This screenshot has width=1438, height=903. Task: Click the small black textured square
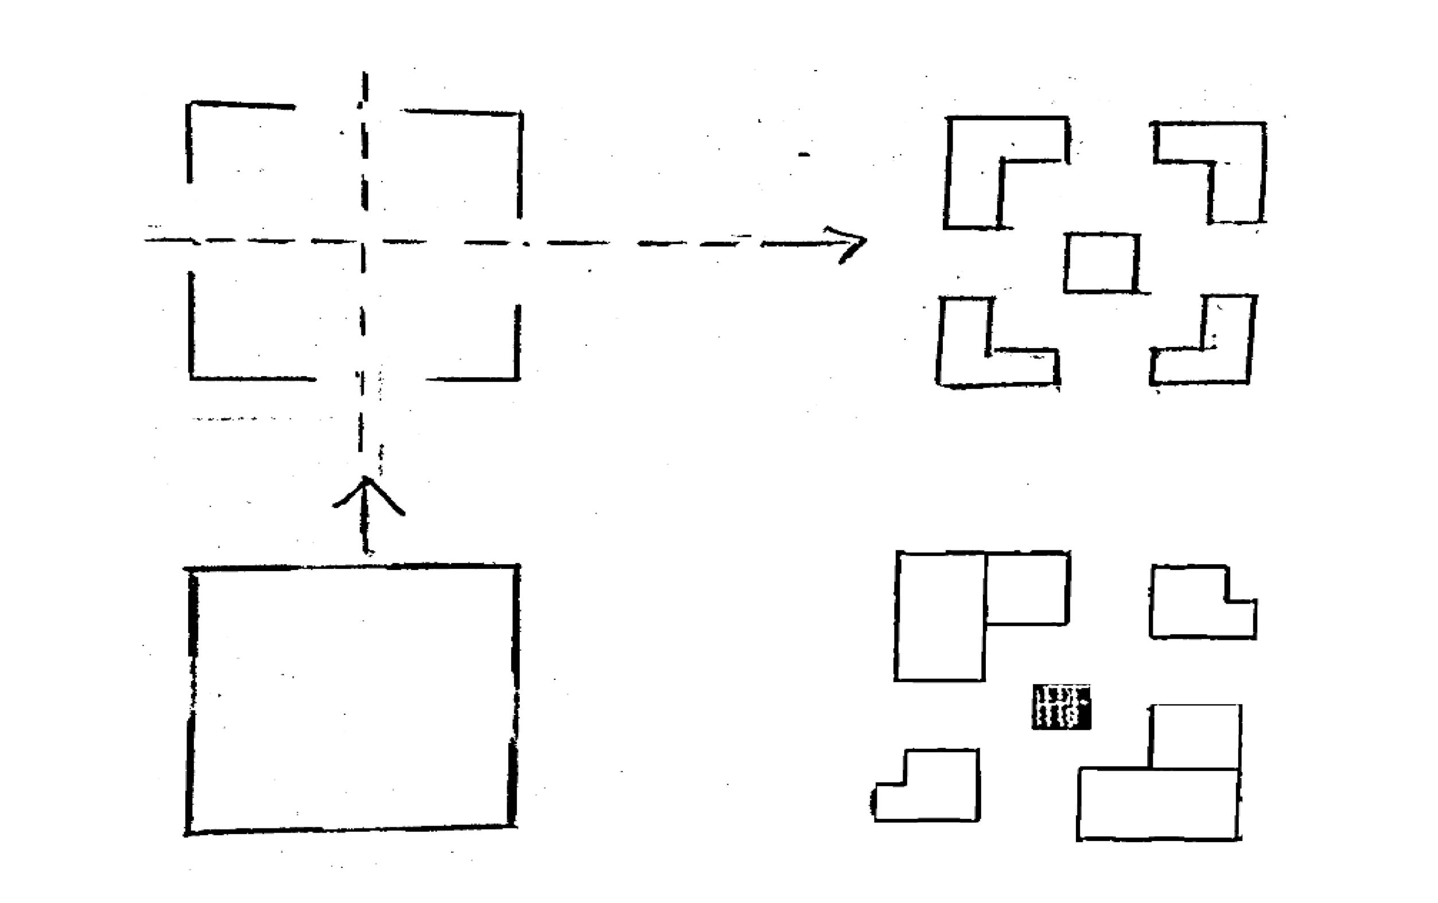1060,707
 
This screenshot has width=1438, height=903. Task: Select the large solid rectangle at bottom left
352,698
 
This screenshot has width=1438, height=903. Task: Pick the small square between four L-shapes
1101,263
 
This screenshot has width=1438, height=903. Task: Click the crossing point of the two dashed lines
363,242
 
